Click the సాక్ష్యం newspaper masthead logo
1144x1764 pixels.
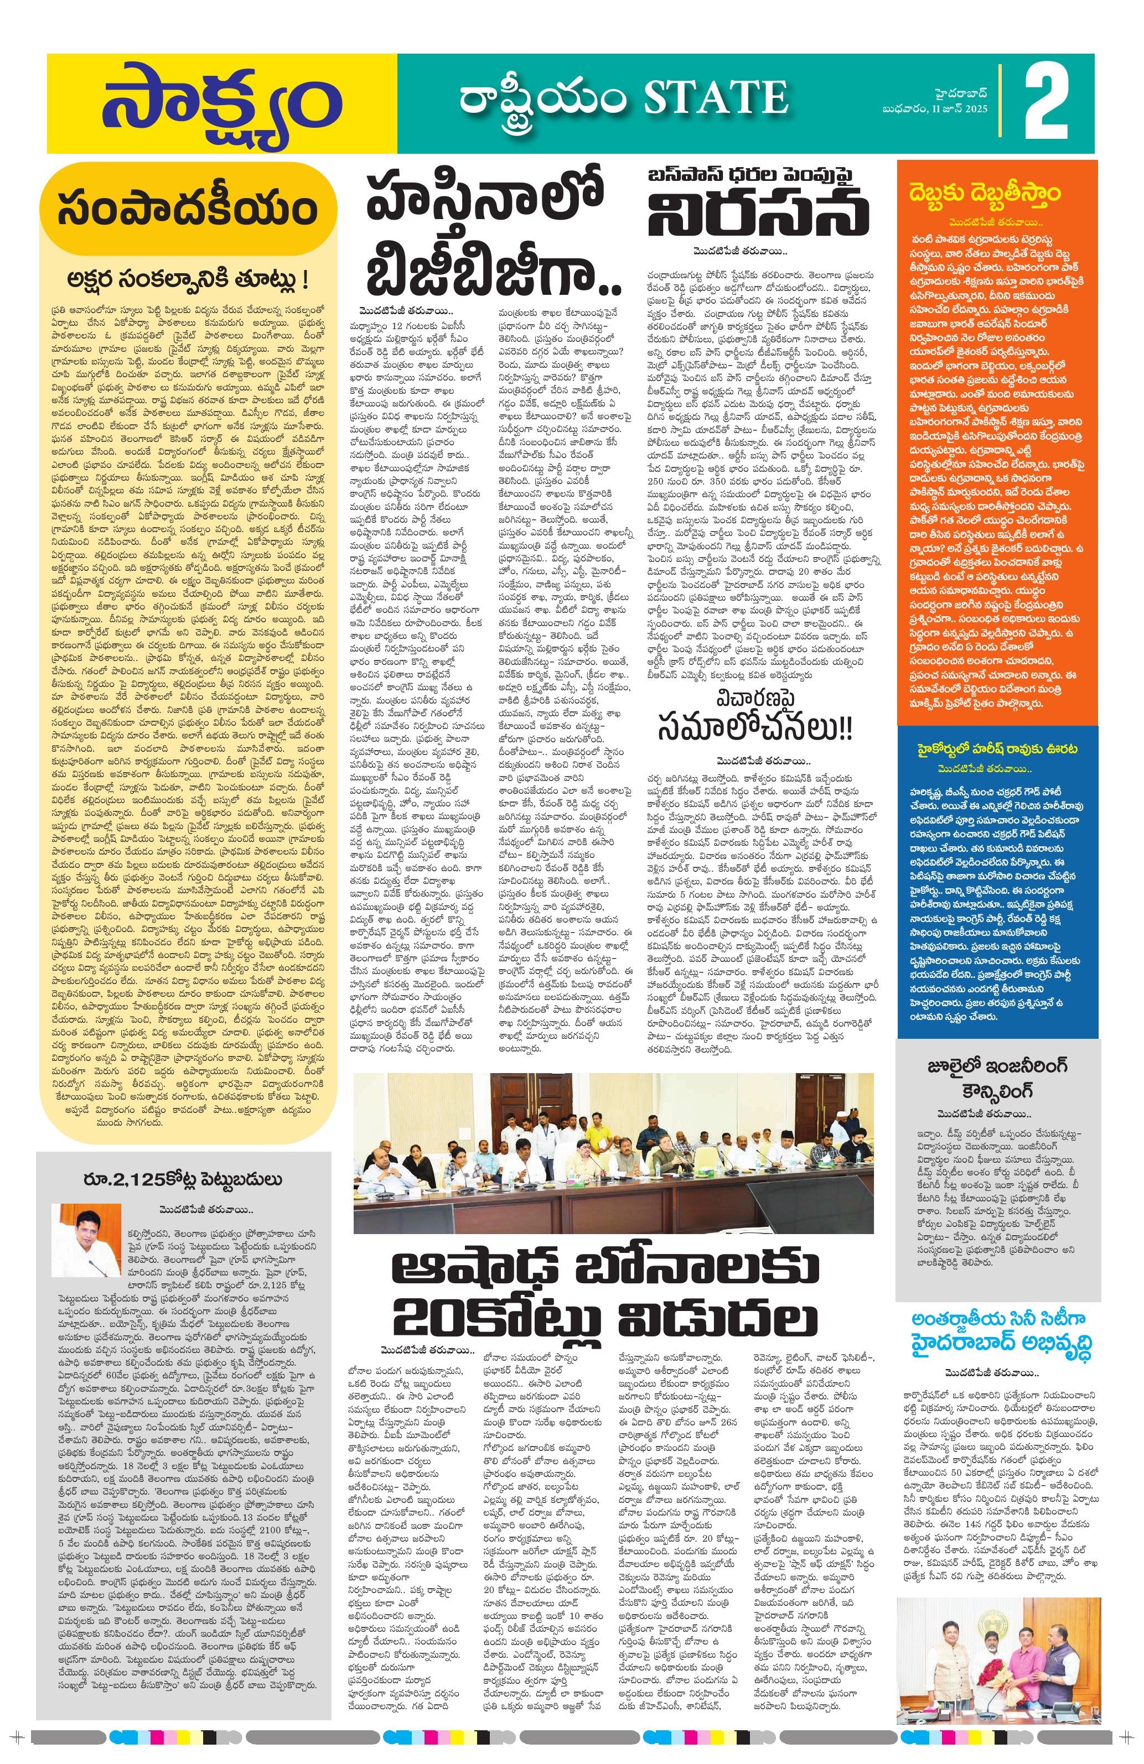tap(218, 104)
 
